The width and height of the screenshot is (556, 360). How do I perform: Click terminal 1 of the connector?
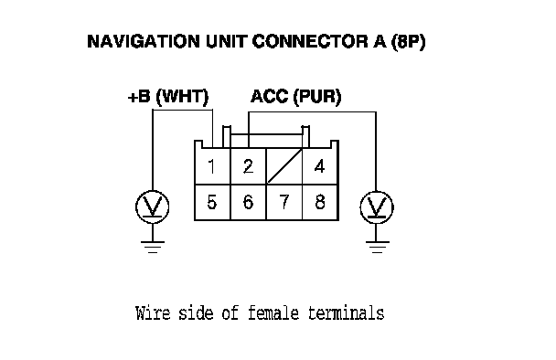212,165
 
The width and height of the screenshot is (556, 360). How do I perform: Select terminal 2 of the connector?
248,165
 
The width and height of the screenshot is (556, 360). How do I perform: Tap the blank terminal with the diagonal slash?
284,165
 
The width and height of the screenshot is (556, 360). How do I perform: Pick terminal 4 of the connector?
320,165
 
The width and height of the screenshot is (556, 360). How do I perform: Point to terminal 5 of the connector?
212,202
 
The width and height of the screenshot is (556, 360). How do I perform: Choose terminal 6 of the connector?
248,202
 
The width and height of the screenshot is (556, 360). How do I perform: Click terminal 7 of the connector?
284,202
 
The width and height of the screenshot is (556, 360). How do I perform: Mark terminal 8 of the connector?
320,202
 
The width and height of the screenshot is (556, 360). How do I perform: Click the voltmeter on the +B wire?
153,206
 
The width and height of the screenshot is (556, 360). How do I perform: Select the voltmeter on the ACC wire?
377,207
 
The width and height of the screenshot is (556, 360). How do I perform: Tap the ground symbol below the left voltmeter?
153,247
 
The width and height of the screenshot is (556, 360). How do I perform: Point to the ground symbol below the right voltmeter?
377,248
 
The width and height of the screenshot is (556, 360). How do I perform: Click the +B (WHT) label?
168,97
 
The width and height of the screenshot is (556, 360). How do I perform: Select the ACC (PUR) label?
296,97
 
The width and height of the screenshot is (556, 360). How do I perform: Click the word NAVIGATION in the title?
144,41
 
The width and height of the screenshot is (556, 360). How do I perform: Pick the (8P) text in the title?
408,42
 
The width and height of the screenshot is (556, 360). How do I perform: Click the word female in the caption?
273,313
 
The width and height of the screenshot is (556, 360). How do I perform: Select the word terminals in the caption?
346,313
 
